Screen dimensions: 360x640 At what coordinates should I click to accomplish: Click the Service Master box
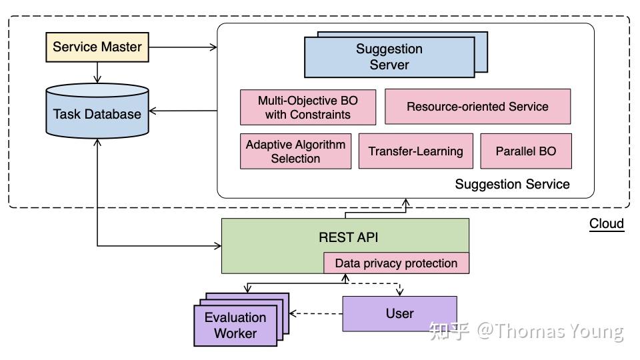tap(97, 47)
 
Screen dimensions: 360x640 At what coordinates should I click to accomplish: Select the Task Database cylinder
tap(97, 113)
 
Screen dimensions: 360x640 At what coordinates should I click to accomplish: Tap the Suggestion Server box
tap(389, 57)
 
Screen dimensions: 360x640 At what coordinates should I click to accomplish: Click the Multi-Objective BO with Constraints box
tap(307, 107)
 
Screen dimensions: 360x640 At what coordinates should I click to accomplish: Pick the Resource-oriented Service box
tap(477, 107)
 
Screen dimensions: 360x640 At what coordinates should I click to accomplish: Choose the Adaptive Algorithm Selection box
tap(295, 151)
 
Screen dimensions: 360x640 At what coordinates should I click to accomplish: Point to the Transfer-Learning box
tap(415, 151)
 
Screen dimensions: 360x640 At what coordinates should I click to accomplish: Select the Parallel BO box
tap(525, 151)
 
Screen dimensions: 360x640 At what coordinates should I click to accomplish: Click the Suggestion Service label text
tap(512, 184)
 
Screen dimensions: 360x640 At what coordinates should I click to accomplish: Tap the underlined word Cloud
tap(606, 223)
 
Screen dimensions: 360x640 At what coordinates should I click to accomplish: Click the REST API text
tap(349, 237)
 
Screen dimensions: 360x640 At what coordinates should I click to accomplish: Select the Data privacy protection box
tap(396, 263)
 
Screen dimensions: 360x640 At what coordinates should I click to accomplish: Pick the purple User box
tap(399, 313)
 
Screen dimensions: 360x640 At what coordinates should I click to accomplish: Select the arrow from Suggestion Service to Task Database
tap(183, 110)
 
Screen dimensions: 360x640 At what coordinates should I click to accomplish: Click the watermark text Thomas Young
tap(550, 331)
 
